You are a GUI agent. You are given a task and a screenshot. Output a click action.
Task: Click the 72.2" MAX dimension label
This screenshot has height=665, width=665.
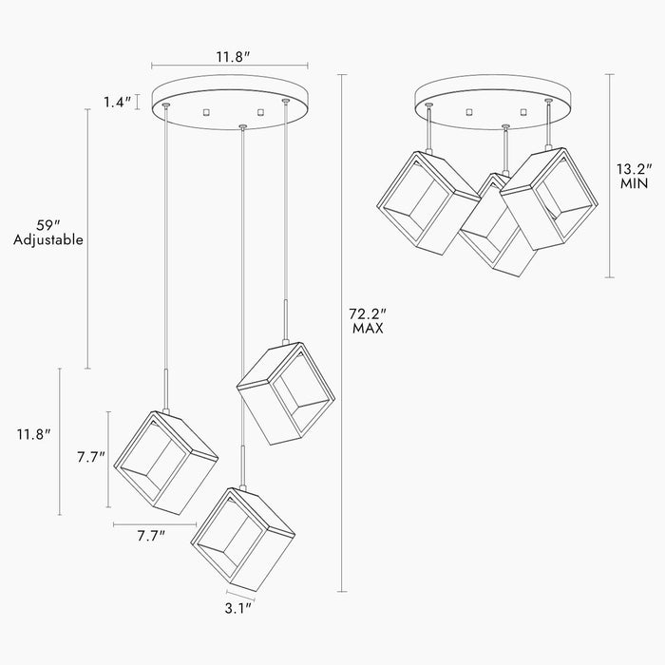point(368,321)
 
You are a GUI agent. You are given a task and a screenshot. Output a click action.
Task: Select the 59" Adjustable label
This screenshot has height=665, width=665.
point(47,233)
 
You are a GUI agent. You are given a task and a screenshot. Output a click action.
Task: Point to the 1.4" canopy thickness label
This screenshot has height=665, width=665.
point(118,102)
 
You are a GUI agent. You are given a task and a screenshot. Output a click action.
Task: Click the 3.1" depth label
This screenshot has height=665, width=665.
point(238,609)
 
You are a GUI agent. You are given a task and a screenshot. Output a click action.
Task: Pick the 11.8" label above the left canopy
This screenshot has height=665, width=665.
point(233,57)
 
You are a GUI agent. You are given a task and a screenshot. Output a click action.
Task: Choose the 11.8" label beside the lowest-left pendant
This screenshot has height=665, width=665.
point(33,434)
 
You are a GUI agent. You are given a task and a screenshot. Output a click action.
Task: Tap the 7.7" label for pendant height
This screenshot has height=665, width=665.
point(91,458)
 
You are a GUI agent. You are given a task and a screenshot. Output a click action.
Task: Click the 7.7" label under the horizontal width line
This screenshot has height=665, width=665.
point(151,536)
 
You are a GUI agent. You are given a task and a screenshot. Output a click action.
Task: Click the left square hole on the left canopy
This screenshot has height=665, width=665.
point(206,112)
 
